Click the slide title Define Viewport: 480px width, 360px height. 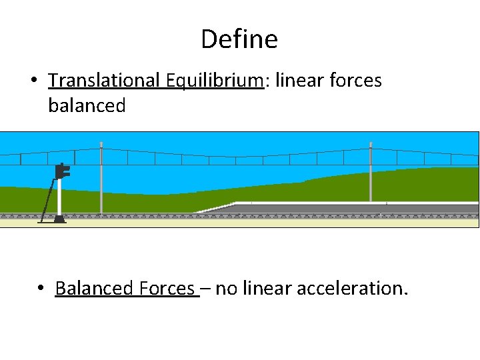239,39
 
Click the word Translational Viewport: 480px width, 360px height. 103,81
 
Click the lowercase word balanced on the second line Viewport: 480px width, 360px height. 87,105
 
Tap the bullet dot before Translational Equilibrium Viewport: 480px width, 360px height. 33,81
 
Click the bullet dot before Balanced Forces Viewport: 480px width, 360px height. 41,289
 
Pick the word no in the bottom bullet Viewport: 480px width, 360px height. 225,289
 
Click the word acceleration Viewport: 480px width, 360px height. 351,289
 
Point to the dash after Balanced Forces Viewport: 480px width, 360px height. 207,289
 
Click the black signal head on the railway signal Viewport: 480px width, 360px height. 63,171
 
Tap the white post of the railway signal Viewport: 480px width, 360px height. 59,197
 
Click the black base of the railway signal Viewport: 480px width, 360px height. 59,218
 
